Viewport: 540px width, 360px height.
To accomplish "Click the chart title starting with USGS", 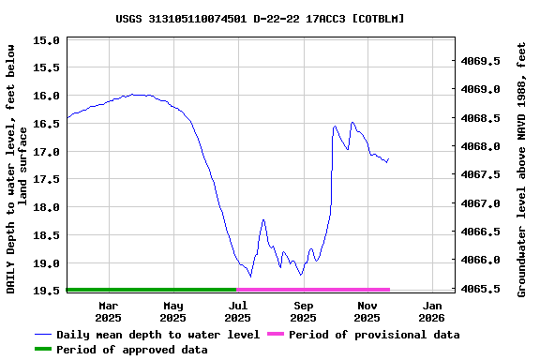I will (260, 19).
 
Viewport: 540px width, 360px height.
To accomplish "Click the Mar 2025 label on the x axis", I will (109, 311).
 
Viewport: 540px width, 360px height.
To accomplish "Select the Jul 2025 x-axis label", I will (238, 311).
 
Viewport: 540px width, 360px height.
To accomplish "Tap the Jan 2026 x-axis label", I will (432, 311).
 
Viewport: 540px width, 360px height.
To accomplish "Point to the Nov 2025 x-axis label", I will (367, 311).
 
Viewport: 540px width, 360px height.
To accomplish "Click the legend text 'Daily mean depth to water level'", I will (157, 335).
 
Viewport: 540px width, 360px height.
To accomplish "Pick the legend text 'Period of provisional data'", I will (374, 335).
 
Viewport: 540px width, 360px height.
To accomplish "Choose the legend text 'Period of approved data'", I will (132, 350).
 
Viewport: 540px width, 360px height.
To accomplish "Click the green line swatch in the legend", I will (43, 350).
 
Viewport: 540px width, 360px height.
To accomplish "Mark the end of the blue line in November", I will (388, 159).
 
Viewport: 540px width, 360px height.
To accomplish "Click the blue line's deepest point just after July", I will (250, 276).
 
